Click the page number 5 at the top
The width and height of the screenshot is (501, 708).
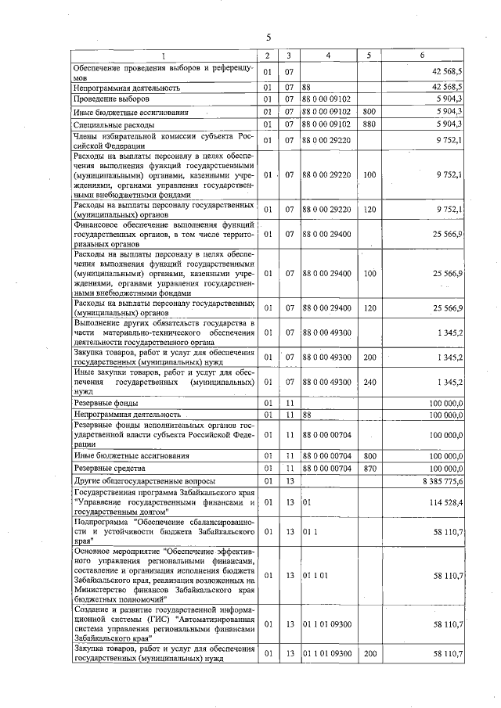click(x=268, y=38)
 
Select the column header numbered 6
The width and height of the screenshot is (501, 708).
click(x=422, y=56)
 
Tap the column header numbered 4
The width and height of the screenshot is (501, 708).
click(x=328, y=56)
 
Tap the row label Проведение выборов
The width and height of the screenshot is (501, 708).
click(x=106, y=99)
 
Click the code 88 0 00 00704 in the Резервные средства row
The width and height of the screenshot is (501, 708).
click(x=327, y=467)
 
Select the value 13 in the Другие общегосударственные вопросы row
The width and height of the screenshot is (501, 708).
click(x=289, y=480)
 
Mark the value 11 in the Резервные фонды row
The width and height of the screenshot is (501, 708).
click(x=289, y=402)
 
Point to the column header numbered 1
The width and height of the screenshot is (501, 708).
click(x=164, y=56)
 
